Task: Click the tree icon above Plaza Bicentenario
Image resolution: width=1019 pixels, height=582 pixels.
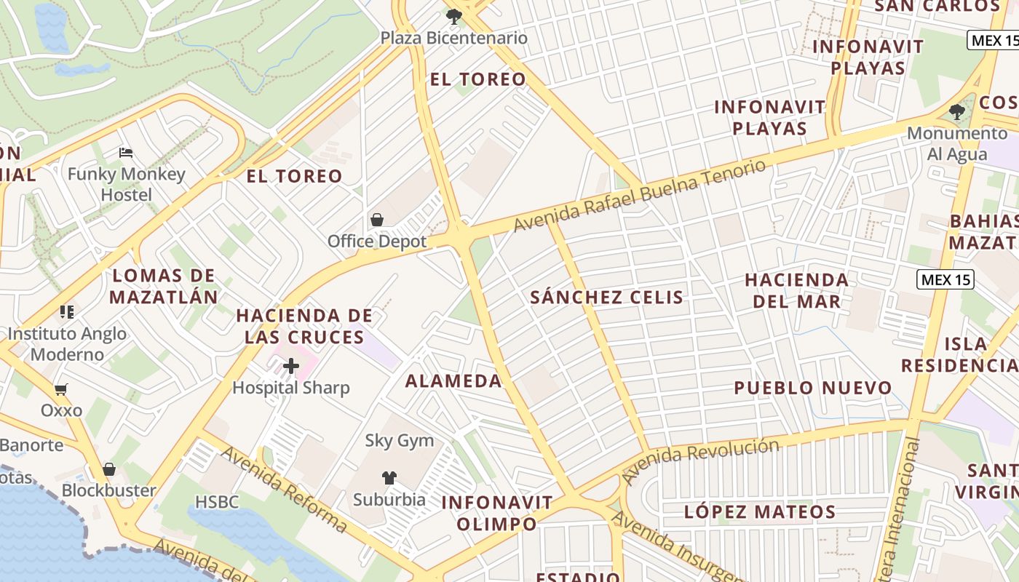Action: coord(454,16)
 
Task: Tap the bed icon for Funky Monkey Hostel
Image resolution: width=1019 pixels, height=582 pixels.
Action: coord(126,153)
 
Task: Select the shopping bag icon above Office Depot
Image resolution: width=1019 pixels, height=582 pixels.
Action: coord(377,219)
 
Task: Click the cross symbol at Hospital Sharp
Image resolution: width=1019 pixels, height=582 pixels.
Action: coord(291,366)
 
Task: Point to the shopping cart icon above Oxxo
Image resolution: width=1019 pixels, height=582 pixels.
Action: coord(61,389)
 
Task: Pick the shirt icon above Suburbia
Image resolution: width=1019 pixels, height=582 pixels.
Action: coord(389,478)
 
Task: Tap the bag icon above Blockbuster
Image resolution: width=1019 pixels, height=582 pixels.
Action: coord(109,469)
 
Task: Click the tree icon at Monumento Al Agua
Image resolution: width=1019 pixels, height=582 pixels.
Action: coord(957,112)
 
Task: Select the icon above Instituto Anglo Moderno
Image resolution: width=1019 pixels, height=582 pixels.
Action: coord(67,312)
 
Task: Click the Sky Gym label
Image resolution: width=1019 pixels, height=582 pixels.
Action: coord(399,440)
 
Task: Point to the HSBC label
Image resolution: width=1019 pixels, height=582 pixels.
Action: coord(217,502)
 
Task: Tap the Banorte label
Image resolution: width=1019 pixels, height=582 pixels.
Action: coord(31,445)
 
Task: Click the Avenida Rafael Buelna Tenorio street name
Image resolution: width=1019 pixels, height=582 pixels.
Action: coord(640,196)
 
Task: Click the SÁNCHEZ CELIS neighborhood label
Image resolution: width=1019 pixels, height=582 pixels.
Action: coord(607,297)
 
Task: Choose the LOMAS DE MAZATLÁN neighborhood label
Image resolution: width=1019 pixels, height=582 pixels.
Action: coord(164,286)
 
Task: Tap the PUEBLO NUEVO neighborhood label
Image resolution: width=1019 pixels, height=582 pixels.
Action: coord(812,388)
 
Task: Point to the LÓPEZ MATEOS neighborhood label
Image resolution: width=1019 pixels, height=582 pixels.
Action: coord(760,511)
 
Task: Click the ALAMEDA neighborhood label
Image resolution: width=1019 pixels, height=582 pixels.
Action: coord(453,380)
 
